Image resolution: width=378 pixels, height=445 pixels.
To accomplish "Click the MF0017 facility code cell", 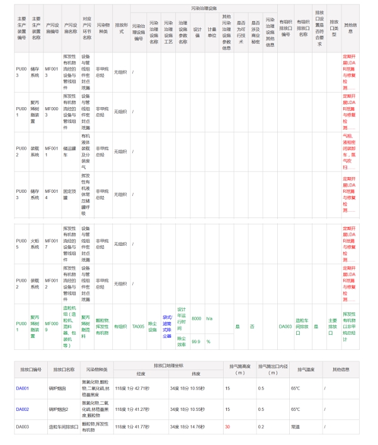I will (51, 243).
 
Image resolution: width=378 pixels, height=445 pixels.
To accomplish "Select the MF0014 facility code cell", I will (51, 194).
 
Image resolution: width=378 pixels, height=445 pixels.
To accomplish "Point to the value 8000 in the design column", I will (197, 318).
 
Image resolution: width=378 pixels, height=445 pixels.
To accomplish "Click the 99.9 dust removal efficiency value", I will (196, 341).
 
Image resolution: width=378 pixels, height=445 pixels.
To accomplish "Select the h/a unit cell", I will (210, 318).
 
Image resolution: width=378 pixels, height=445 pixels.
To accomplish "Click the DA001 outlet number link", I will (23, 388).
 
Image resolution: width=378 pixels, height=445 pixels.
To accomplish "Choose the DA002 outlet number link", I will (23, 410).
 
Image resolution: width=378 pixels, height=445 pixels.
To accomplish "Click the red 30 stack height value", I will (227, 427).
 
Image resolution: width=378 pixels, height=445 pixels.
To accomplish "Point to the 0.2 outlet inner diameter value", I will (261, 427).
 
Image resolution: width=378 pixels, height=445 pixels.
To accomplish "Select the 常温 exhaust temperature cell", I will (295, 427).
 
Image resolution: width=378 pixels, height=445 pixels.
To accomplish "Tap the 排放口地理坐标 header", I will (168, 366).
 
